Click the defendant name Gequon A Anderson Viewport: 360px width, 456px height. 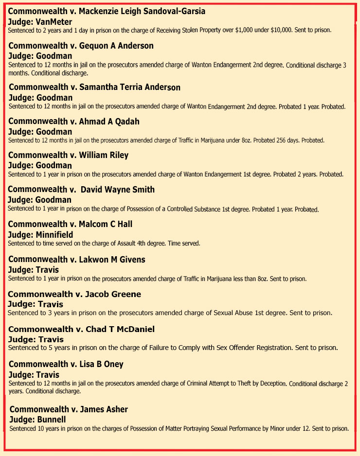click(113, 46)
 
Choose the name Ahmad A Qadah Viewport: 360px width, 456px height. click(105, 122)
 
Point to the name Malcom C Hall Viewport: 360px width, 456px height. click(102, 224)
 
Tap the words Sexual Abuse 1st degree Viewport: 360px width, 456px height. click(249, 313)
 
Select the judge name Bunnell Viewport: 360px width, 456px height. click(48, 419)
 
